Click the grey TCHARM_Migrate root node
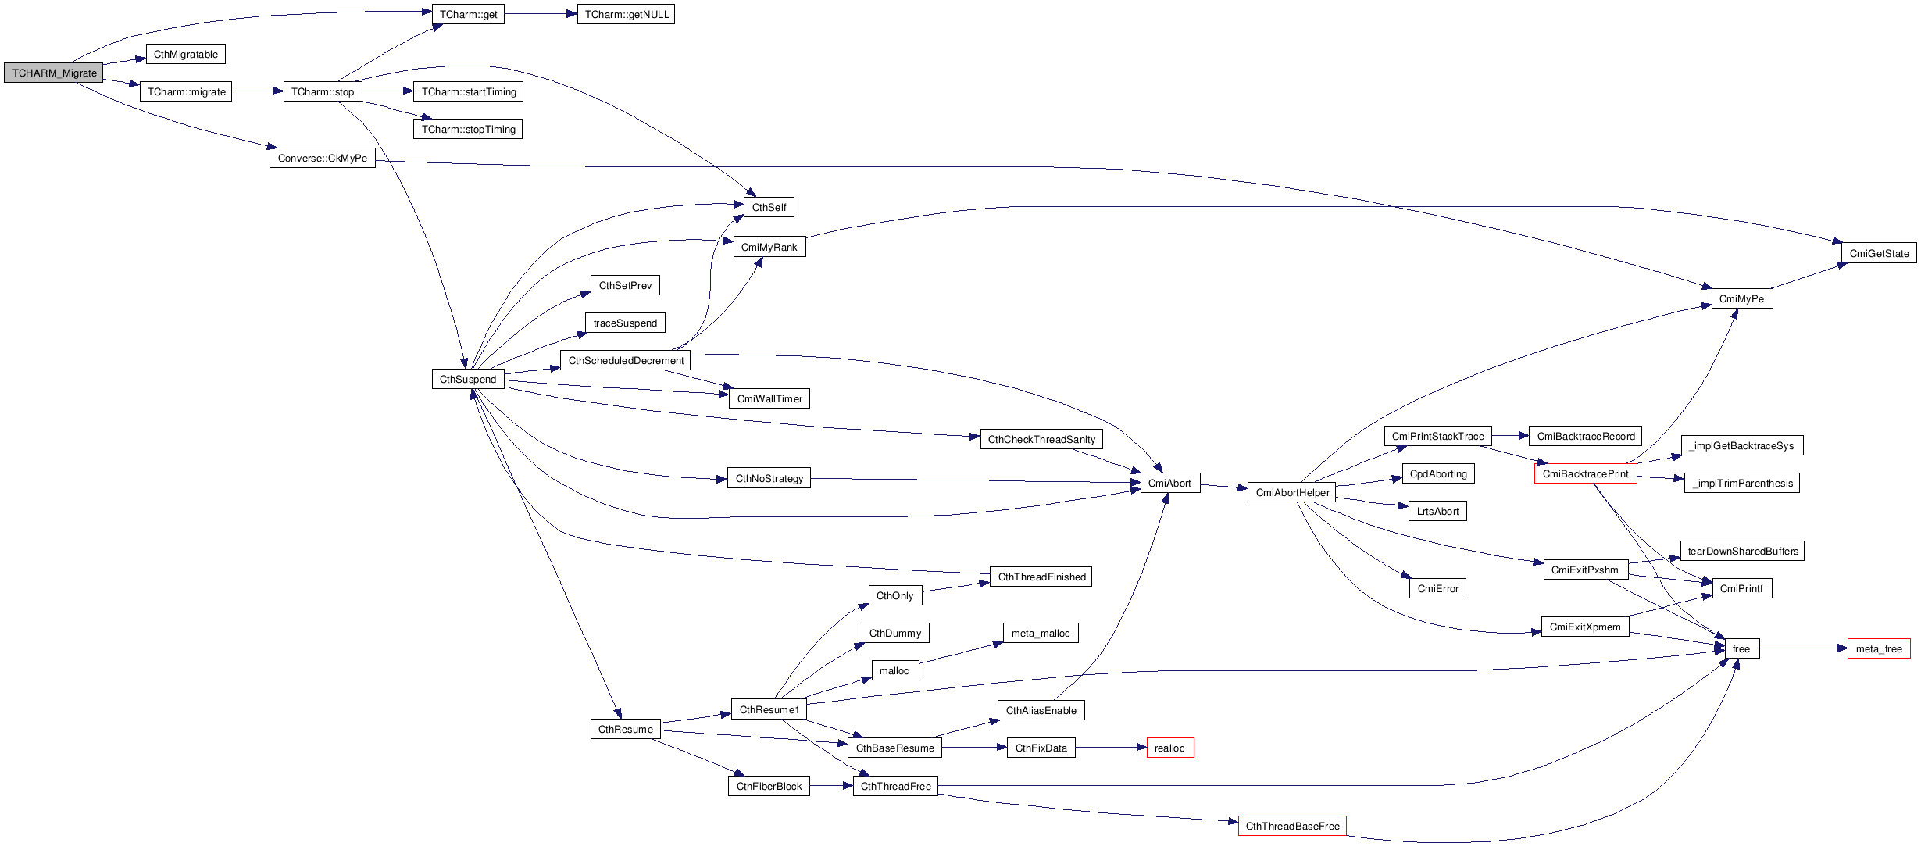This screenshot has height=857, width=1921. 54,73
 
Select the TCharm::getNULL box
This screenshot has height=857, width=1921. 626,14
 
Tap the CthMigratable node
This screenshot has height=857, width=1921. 185,54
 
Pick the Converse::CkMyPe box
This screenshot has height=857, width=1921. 322,158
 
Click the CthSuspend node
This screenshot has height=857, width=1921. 467,379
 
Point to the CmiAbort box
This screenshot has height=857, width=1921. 1169,483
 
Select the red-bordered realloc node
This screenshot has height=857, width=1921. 1169,748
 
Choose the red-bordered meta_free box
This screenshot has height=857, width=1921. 1878,648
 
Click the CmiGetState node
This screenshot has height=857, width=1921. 1878,253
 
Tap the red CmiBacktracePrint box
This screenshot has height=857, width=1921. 1584,473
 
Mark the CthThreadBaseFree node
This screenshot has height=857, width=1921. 1291,826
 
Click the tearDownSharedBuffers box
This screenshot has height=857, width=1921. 1742,551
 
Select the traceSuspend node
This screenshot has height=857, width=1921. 625,323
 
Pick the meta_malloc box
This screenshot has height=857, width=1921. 1040,633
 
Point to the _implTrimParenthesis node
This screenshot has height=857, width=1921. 1741,483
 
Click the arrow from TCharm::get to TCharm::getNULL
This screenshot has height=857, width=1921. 540,14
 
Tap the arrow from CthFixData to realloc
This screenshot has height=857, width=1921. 1110,748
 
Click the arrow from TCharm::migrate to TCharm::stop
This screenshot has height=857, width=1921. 257,91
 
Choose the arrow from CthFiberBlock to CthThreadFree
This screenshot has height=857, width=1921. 831,786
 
